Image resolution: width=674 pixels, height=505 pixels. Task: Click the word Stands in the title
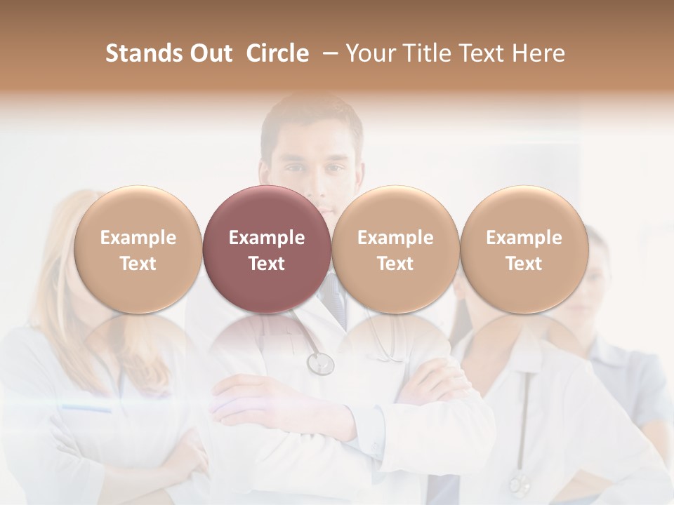pyautogui.click(x=143, y=53)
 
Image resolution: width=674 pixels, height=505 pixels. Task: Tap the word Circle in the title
pyautogui.click(x=277, y=53)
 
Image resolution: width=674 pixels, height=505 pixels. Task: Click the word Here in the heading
pyautogui.click(x=541, y=53)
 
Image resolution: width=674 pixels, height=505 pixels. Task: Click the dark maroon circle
pyautogui.click(x=266, y=250)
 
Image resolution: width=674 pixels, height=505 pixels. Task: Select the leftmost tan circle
pyautogui.click(x=138, y=250)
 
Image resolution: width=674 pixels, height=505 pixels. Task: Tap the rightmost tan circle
pyautogui.click(x=524, y=250)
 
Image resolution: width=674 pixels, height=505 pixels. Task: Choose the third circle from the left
pyautogui.click(x=395, y=250)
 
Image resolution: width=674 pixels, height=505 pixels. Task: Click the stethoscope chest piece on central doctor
pyautogui.click(x=320, y=363)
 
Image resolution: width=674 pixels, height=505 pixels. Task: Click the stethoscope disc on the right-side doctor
pyautogui.click(x=519, y=483)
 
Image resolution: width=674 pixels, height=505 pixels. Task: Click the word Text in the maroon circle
pyautogui.click(x=266, y=264)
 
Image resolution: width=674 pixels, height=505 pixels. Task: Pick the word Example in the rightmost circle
pyautogui.click(x=524, y=238)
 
